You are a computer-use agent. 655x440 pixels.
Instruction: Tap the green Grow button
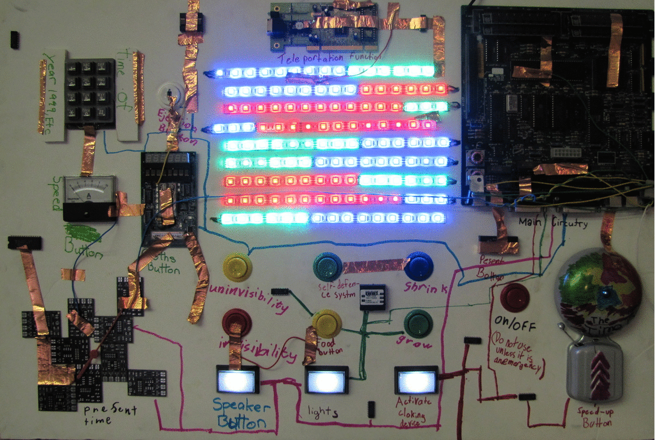tap(418, 323)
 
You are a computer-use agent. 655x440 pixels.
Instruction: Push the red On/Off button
tap(514, 297)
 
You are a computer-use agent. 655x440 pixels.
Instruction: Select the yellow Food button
tap(327, 323)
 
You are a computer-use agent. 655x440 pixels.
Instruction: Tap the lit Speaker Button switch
tap(237, 379)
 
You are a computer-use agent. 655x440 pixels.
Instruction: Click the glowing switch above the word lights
tap(327, 379)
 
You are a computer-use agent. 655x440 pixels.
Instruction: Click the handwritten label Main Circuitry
tap(553, 222)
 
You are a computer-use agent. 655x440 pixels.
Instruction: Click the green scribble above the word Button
tap(84, 232)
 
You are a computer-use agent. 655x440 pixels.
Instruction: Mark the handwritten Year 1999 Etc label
tap(53, 93)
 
